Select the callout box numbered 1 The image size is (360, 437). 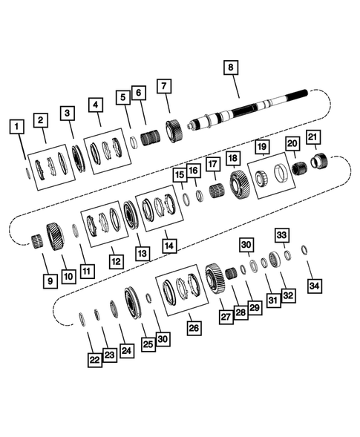pyautogui.click(x=15, y=127)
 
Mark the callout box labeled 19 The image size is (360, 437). pyautogui.click(x=261, y=148)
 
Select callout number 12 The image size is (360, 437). pyautogui.click(x=116, y=260)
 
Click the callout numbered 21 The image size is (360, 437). pyautogui.click(x=313, y=137)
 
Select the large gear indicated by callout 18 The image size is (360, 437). pyautogui.click(x=240, y=183)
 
